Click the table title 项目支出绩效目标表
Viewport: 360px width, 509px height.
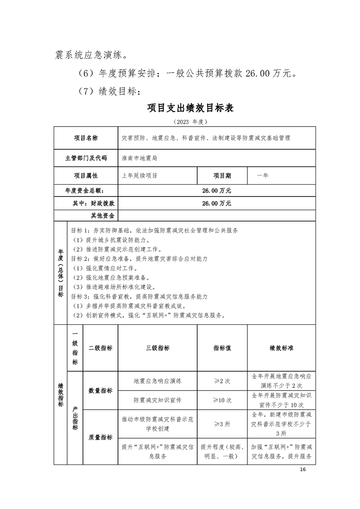point(190,108)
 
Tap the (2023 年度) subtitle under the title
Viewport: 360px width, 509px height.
point(190,122)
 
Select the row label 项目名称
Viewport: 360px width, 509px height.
point(86,138)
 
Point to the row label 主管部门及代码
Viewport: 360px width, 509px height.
point(86,158)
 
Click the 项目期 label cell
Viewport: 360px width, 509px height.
point(222,175)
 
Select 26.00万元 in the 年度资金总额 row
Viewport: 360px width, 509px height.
point(217,191)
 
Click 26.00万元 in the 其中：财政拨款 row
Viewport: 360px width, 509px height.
point(217,204)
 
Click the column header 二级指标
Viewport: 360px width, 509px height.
point(100,348)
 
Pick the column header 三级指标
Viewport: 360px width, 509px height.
point(158,348)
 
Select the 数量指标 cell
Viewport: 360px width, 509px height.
point(100,390)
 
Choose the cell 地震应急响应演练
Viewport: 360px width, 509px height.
point(158,381)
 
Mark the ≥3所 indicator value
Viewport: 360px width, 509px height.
point(222,424)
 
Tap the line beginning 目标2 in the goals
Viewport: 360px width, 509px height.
point(140,259)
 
